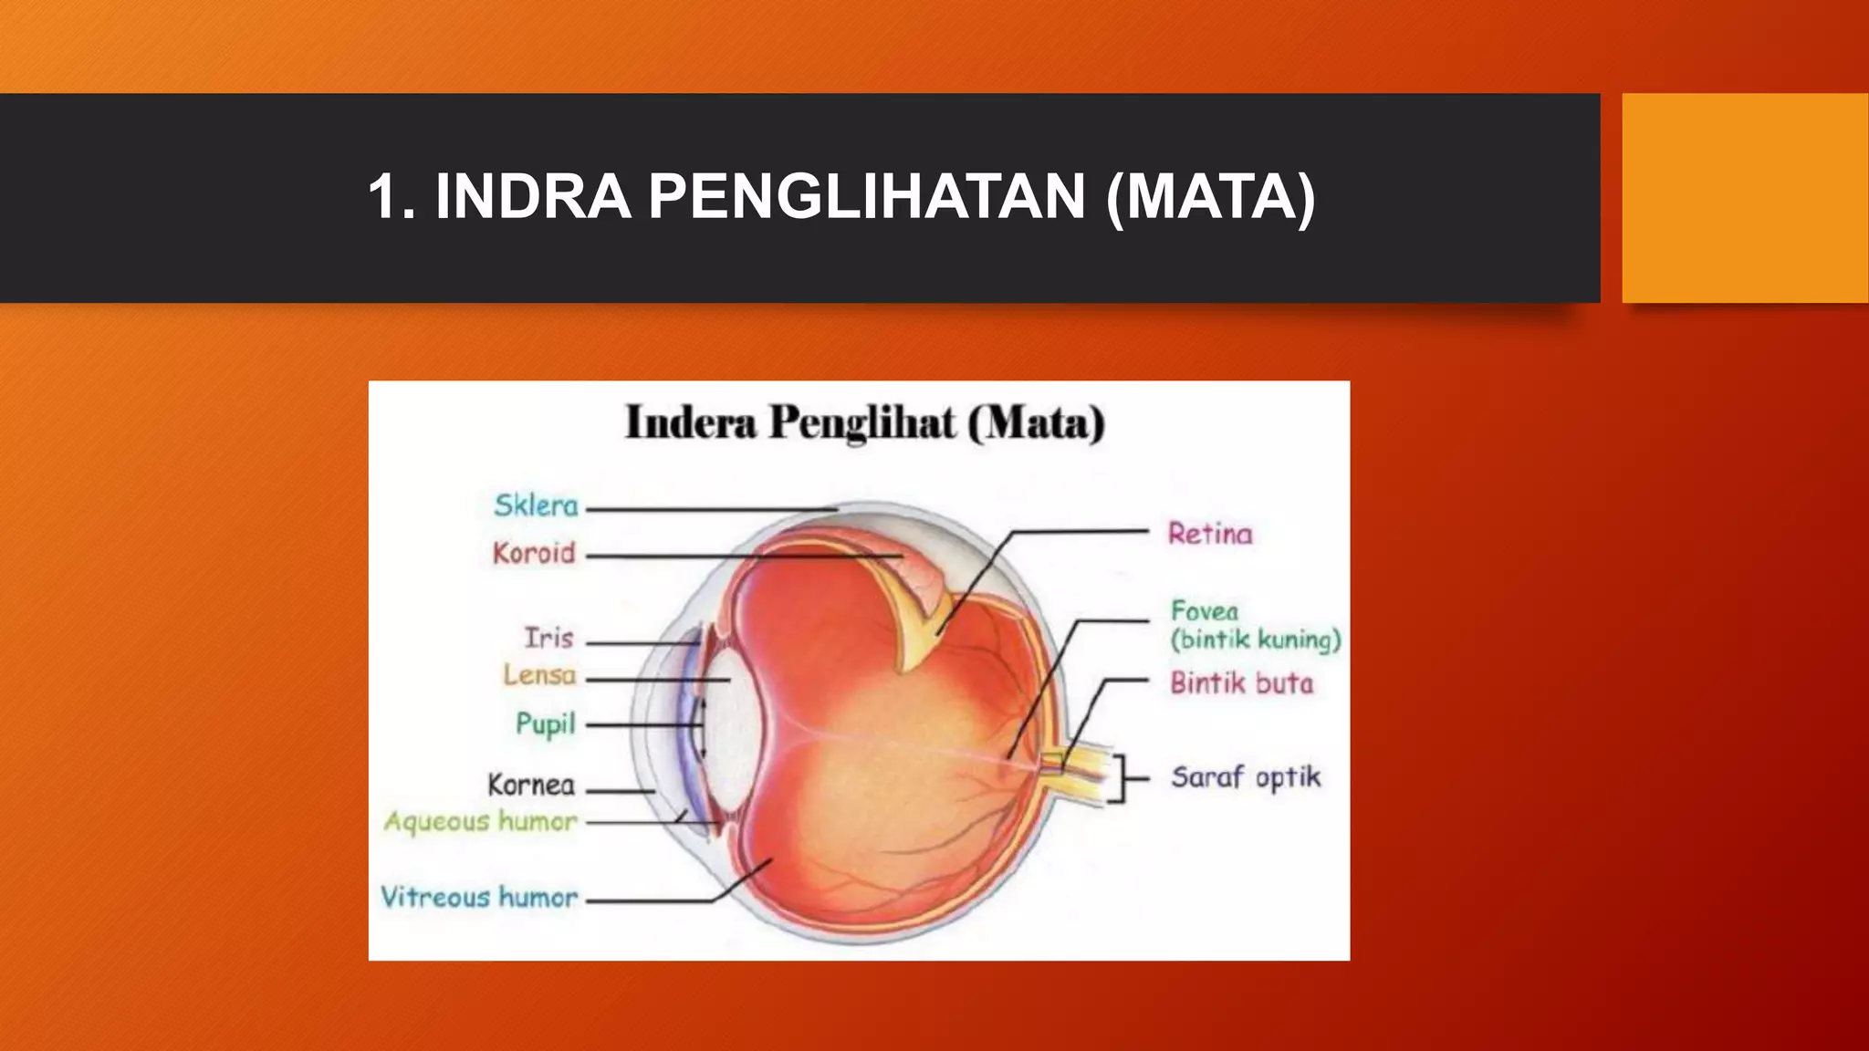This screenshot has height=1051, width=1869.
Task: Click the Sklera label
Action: pos(536,505)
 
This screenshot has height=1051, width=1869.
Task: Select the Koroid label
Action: pos(534,553)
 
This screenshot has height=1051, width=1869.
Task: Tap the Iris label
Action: pos(548,638)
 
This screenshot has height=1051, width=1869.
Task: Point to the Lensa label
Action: pos(539,676)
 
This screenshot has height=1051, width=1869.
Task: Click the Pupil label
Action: pos(546,724)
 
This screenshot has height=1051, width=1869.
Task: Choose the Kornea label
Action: pos(531,785)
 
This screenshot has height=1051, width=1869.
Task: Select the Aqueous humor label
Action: pos(480,822)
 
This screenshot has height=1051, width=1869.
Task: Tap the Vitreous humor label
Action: pos(479,898)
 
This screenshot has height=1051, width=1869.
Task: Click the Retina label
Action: pos(1210,534)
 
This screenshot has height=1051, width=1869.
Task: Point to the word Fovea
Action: pos(1205,610)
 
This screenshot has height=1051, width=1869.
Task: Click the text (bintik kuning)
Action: pos(1256,640)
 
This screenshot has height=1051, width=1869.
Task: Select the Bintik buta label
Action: pos(1242,683)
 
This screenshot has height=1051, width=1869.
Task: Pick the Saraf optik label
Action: pos(1246,777)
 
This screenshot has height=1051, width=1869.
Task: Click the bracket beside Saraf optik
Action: pos(1122,778)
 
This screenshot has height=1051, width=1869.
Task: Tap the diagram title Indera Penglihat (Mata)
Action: pos(864,423)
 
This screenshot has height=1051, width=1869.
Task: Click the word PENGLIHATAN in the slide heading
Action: pos(867,197)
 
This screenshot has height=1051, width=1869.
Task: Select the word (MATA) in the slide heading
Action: pos(1210,197)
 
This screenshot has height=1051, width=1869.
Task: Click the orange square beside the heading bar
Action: pos(1744,198)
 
